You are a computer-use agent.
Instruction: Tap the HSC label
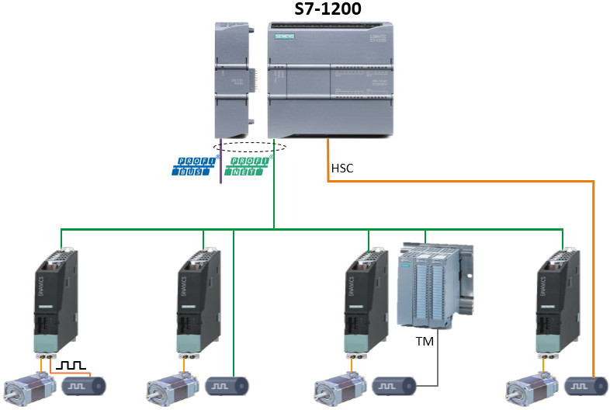tap(342, 168)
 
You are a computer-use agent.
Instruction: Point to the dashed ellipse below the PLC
tap(249, 146)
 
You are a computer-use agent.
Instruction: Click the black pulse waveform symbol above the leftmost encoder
tap(75, 364)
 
